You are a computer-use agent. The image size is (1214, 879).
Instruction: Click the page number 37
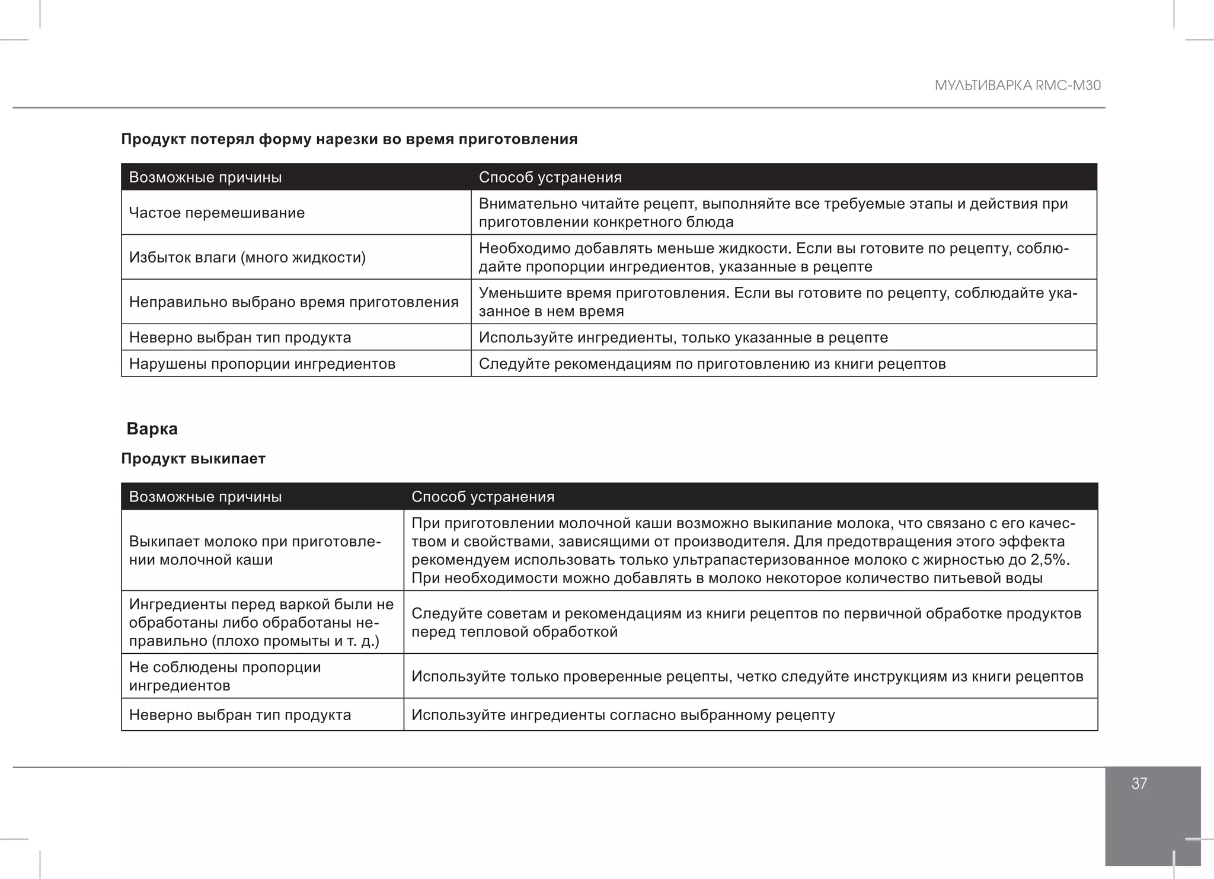coord(1139,784)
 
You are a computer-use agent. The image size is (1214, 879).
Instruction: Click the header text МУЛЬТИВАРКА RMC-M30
coord(1017,85)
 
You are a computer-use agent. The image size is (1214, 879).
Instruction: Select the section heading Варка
coord(152,429)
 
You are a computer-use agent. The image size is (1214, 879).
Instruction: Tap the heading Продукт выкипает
coord(193,459)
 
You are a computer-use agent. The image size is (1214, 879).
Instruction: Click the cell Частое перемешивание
coord(217,213)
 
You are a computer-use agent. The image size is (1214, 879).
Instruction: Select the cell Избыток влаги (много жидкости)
coord(247,257)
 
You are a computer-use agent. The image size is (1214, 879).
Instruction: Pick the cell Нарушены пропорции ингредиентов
coord(262,363)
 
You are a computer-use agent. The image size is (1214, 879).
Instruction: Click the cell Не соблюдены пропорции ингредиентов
coord(225,676)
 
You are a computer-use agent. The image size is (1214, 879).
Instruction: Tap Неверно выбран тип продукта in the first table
coord(240,337)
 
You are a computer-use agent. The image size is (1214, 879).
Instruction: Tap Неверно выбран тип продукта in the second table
coord(240,715)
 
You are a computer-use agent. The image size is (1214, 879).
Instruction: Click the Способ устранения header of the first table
coord(550,177)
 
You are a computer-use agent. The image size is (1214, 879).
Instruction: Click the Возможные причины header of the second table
coord(205,497)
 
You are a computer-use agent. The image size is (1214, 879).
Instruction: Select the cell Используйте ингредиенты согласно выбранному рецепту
coord(623,715)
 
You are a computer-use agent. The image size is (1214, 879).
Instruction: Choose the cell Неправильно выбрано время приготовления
coord(293,302)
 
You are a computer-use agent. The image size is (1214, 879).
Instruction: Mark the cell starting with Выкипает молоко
coord(254,551)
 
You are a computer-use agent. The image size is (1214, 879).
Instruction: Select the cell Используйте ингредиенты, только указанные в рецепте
coord(683,337)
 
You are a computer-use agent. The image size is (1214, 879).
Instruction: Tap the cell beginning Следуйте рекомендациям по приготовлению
coord(712,363)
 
